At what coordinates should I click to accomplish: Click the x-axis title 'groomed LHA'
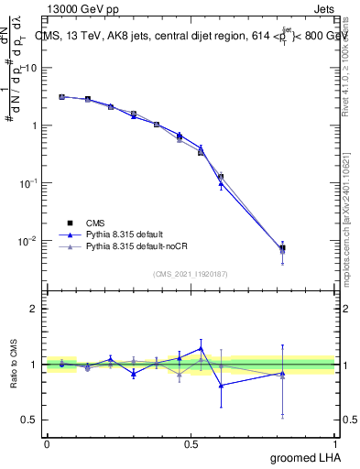tap(305, 457)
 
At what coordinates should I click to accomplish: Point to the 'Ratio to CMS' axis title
tap(14, 364)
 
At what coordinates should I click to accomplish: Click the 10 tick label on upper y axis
tap(31, 68)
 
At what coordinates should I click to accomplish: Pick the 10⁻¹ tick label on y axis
tap(30, 183)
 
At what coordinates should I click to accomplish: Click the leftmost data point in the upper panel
tap(61, 96)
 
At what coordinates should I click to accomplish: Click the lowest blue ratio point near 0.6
tap(221, 385)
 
